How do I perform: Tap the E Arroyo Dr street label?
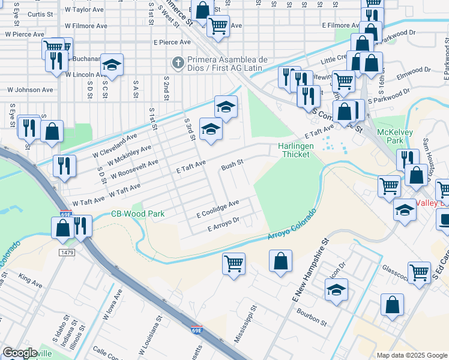(223, 224)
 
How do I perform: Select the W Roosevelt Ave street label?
(134, 172)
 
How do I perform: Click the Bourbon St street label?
(310, 318)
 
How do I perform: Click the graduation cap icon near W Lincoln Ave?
(111, 64)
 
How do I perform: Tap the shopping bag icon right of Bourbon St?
(392, 304)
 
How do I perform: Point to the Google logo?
(20, 353)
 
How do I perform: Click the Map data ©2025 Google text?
(412, 355)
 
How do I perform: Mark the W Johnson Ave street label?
(30, 90)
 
